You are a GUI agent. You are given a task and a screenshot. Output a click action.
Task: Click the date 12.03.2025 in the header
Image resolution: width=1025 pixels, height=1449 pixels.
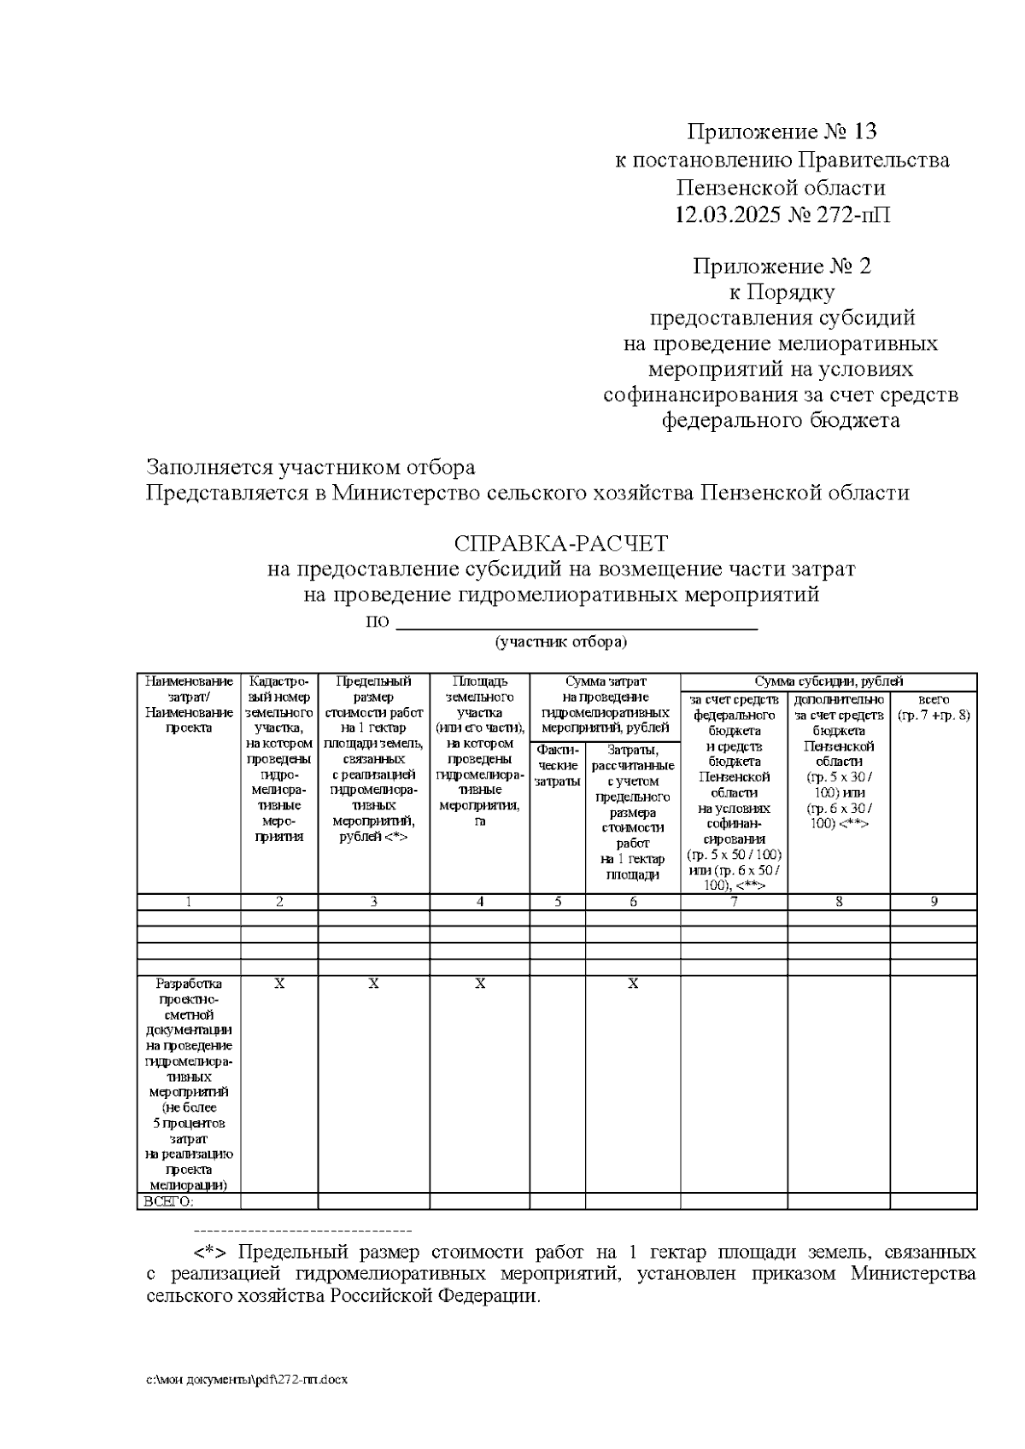coord(726,214)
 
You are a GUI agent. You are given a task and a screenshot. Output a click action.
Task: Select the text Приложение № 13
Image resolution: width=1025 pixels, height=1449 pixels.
coord(782,131)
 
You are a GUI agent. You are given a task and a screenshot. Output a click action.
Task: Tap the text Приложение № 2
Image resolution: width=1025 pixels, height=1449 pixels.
coord(782,266)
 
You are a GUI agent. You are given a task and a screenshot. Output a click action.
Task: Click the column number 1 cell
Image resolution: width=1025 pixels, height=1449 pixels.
coord(189,902)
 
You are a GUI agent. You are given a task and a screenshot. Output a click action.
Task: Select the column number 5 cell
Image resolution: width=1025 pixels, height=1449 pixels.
coord(557,902)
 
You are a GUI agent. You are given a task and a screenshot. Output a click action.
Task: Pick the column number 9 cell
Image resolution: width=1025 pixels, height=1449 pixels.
coord(933,902)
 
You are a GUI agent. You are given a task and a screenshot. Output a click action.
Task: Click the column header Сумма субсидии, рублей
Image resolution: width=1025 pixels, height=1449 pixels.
coord(828,681)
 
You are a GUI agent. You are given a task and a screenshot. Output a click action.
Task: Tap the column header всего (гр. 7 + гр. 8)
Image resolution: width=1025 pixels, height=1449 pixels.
coord(933,707)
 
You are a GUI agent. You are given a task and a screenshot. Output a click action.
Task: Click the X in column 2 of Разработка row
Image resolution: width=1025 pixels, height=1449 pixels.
coord(279,984)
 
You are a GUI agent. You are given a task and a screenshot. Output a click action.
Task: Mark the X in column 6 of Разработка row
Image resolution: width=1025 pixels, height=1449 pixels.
coord(633,984)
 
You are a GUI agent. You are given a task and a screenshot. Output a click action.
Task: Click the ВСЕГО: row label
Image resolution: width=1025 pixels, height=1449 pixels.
coord(168,1201)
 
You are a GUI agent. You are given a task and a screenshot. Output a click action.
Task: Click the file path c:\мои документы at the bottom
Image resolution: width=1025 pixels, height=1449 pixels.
coord(247,1380)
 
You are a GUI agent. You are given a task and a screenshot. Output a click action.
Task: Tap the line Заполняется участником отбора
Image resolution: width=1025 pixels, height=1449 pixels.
coord(310,468)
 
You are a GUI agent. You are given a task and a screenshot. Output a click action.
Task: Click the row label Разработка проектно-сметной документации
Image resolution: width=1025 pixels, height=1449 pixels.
coord(189,1084)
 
